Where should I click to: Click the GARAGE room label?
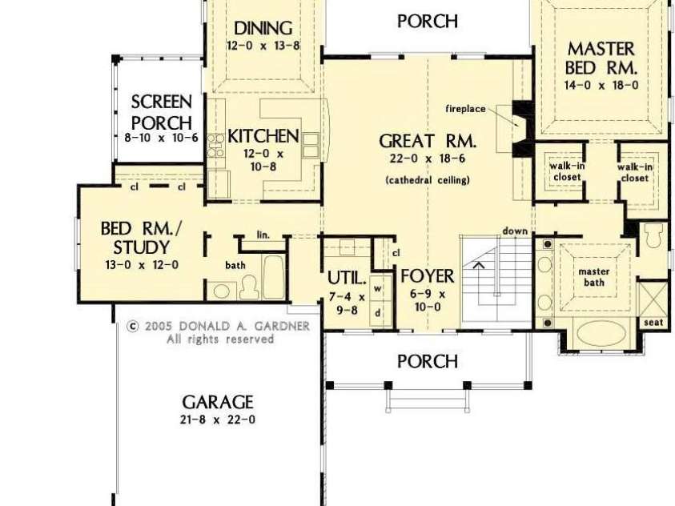coord(217,402)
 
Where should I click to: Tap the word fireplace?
coord(466,108)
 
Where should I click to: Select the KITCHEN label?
coord(263,136)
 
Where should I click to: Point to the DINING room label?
coord(263,30)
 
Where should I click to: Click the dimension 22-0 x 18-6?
coord(428,159)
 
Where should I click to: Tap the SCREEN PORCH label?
coord(162,112)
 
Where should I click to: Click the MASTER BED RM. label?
coord(601,57)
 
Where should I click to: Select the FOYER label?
coord(428,277)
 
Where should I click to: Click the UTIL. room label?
coord(347,279)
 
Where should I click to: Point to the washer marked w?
coord(377,289)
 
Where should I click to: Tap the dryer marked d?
coord(377,312)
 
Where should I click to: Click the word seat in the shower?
coord(653,322)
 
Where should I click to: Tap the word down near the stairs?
coord(515,231)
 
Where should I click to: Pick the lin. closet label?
coord(263,235)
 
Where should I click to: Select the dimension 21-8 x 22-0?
coord(217,420)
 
